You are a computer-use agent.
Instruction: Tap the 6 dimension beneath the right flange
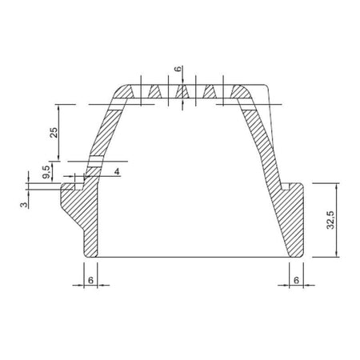pos(296,280)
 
